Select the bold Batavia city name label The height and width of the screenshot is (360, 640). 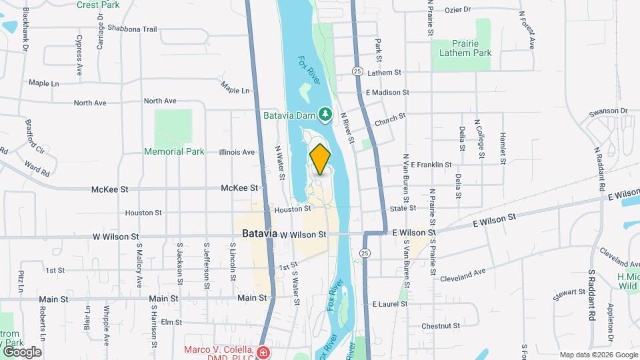click(259, 235)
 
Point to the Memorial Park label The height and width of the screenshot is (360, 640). click(174, 151)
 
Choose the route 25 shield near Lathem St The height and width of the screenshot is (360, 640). click(358, 71)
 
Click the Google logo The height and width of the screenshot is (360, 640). click(21, 352)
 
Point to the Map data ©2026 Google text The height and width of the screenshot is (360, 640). click(598, 355)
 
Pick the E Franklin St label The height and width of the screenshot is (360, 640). click(431, 164)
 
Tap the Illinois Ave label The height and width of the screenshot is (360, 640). click(237, 152)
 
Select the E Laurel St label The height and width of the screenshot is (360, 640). click(390, 304)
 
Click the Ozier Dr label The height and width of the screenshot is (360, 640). click(457, 10)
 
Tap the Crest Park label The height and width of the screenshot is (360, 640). click(97, 5)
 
